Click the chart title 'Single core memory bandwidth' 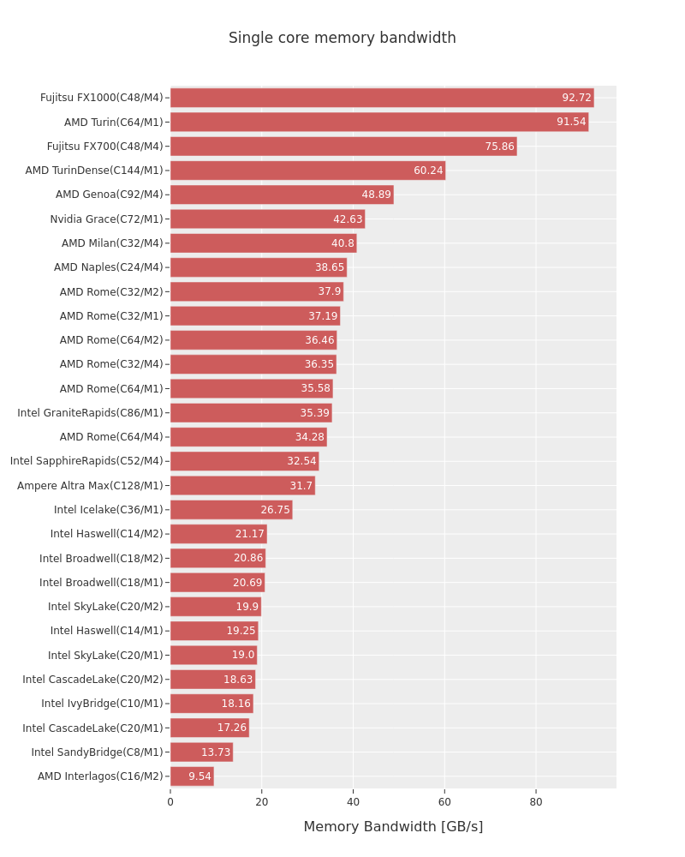[x=342, y=38]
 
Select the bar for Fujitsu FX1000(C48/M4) [x=382, y=98]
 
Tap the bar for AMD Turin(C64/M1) [x=379, y=122]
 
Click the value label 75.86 [x=500, y=146]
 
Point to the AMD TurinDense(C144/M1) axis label [x=94, y=171]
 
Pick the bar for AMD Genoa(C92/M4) [x=282, y=195]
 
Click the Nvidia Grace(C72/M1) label [x=106, y=219]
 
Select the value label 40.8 [x=342, y=243]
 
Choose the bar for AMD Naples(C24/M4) [x=259, y=267]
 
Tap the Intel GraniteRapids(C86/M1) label [x=90, y=413]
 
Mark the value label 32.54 [x=301, y=461]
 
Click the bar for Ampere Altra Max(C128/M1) [x=242, y=485]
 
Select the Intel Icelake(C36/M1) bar [x=231, y=509]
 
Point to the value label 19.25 [x=241, y=630]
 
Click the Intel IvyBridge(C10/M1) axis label [x=102, y=704]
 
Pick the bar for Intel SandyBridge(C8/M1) [x=201, y=752]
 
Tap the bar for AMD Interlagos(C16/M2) [x=193, y=776]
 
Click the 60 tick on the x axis [x=444, y=802]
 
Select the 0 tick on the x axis [x=170, y=802]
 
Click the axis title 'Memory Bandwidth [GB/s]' [x=393, y=826]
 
